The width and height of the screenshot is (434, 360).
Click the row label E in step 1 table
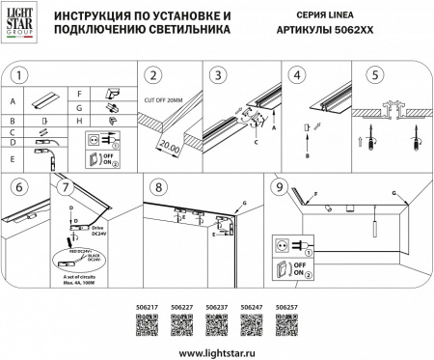(14, 157)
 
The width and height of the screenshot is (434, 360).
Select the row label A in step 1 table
(14, 100)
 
